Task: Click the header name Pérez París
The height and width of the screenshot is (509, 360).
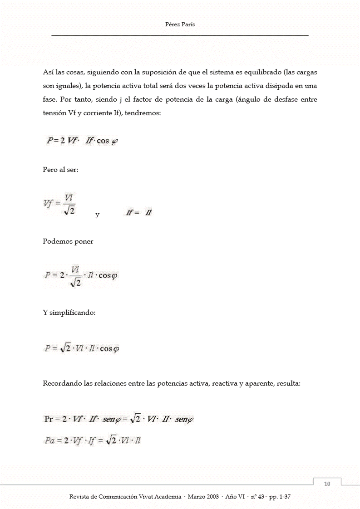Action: click(180, 25)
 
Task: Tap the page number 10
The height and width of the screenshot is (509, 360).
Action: click(327, 484)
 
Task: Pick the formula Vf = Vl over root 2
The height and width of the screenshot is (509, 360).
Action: click(59, 205)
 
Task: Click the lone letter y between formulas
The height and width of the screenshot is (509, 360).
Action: click(98, 215)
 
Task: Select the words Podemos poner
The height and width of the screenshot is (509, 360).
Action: click(68, 241)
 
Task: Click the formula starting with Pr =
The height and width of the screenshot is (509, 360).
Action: click(118, 419)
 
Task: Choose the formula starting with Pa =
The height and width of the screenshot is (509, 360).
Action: click(92, 440)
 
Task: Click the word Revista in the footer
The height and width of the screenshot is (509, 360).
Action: click(79, 497)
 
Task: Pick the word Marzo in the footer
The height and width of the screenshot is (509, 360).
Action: click(192, 497)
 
